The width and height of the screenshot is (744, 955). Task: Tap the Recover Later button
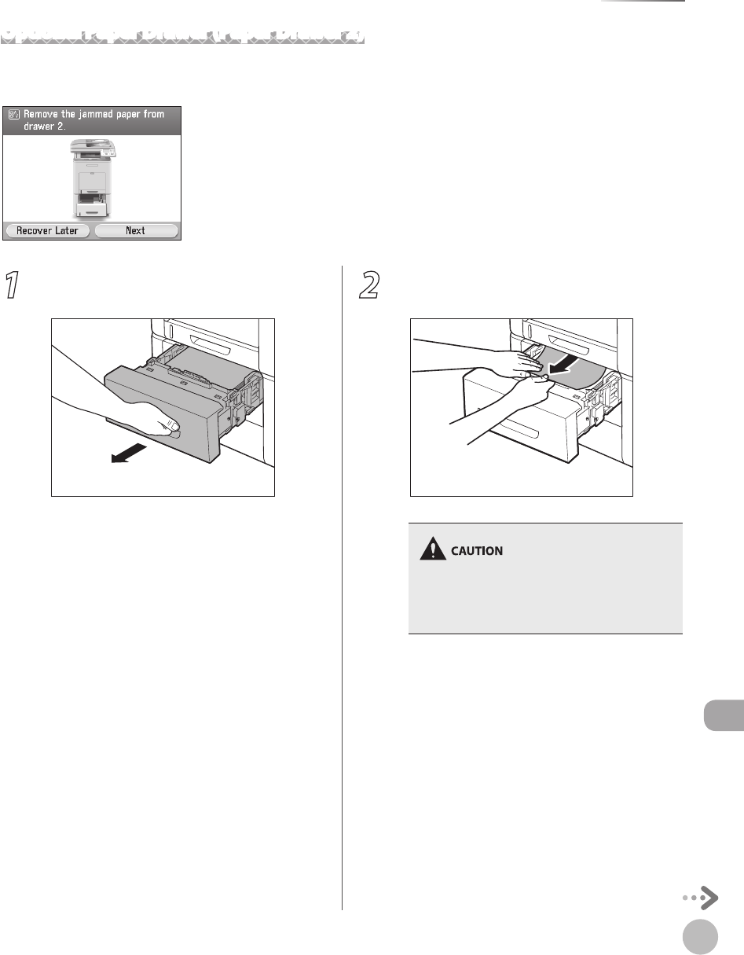[x=47, y=231]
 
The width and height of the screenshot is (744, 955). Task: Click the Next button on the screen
[x=136, y=231]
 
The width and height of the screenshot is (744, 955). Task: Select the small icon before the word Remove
[x=13, y=115]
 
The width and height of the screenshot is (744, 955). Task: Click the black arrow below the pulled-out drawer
[x=128, y=454]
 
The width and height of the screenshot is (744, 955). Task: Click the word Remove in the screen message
[x=45, y=115]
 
